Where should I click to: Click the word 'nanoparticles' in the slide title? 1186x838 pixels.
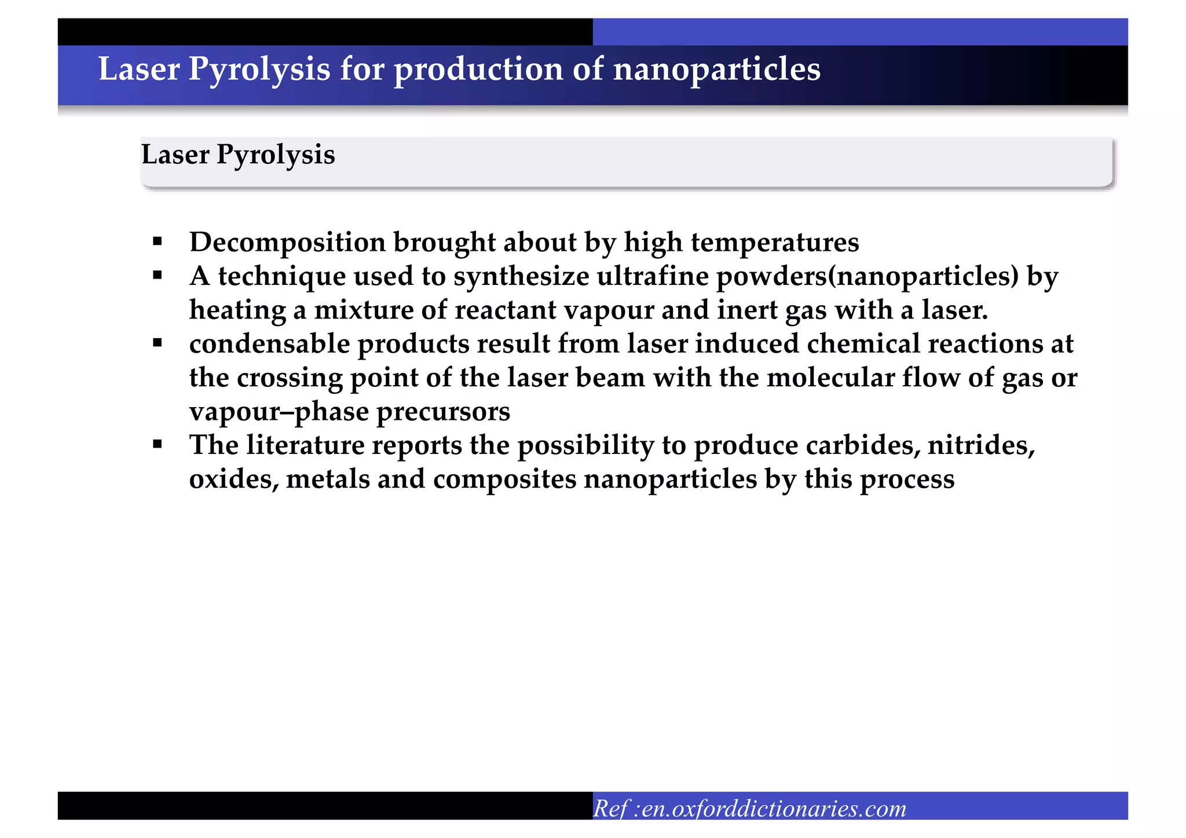coord(716,69)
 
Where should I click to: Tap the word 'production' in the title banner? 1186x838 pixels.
coord(478,69)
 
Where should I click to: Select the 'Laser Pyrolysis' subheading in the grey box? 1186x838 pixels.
coord(238,155)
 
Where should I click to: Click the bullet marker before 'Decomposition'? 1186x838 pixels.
coord(158,241)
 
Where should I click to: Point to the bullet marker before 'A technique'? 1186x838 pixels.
coord(158,276)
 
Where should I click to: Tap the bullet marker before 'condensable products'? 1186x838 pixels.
coord(158,343)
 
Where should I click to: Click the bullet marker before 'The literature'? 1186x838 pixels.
coord(158,445)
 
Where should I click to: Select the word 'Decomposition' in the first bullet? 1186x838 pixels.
coord(287,242)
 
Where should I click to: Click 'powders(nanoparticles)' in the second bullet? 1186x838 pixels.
coord(867,276)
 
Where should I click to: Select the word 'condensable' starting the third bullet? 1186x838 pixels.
coord(269,344)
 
